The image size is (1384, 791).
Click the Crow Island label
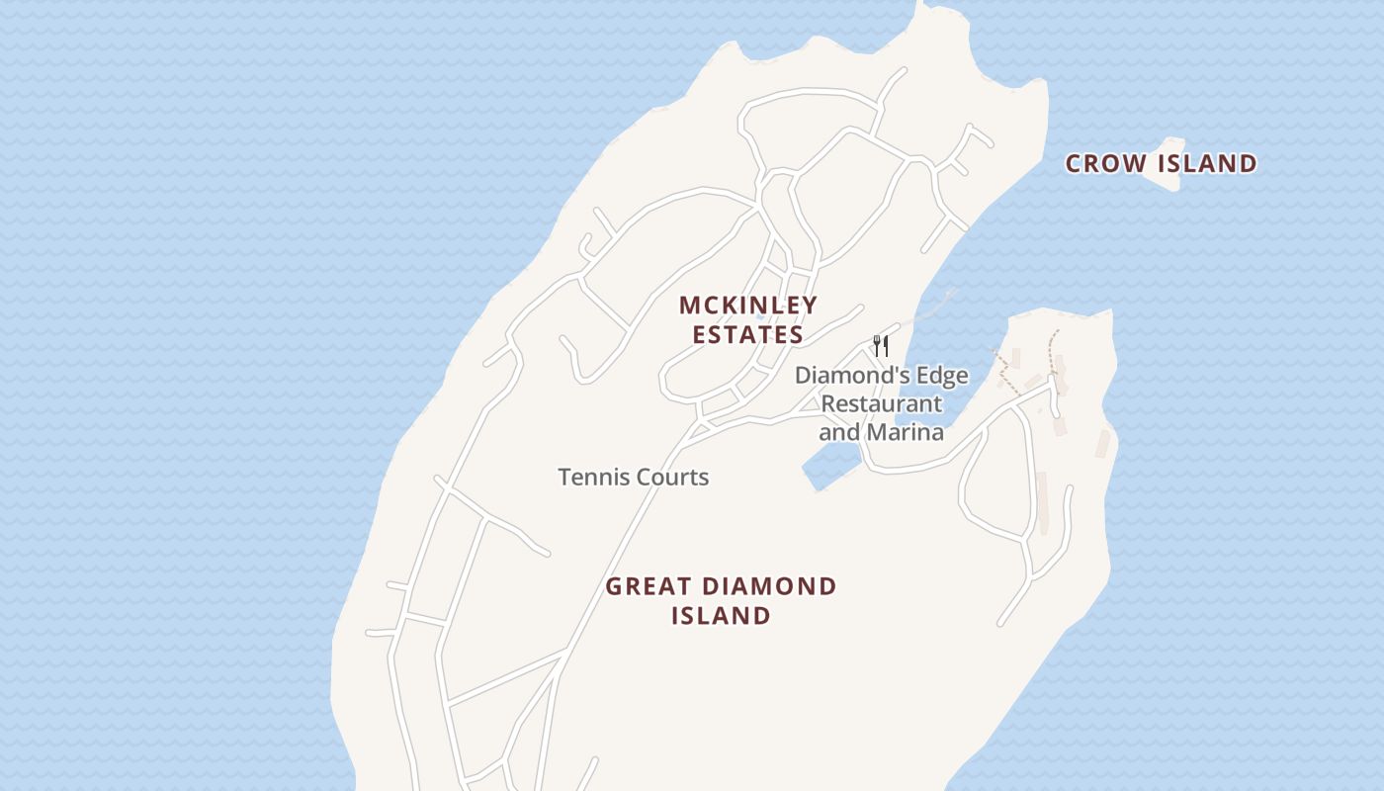[x=1161, y=163]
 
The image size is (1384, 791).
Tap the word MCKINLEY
[x=748, y=306]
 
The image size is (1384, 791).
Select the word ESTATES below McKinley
[x=748, y=335]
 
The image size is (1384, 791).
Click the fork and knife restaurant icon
[x=881, y=346]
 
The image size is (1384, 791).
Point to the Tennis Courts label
[x=634, y=477]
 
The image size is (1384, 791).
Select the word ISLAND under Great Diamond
[x=721, y=615]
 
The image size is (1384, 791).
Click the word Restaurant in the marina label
[x=881, y=403]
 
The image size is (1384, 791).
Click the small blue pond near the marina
[x=829, y=465]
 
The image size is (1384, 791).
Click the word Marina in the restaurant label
[x=905, y=432]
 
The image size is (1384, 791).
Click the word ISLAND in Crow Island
[x=1208, y=163]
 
